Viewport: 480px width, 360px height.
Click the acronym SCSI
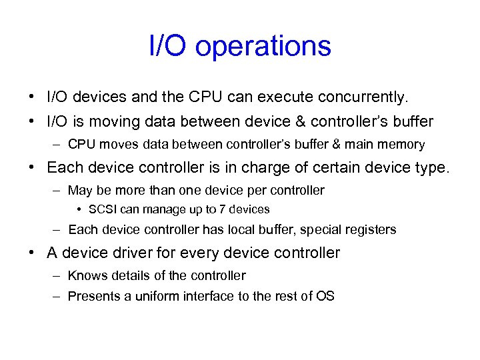point(103,209)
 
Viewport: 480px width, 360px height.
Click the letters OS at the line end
point(325,295)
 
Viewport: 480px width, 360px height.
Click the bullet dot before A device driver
point(32,253)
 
